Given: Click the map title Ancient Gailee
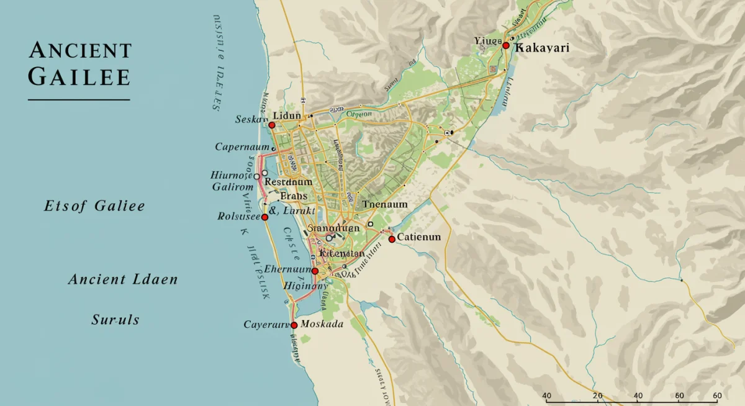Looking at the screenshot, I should pos(79,64).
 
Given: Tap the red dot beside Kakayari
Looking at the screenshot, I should pos(506,46).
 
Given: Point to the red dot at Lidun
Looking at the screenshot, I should pos(271,125).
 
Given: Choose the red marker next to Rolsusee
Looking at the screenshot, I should pos(264,217).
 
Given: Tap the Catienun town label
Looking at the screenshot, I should pos(419,237).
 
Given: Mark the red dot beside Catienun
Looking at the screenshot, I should pos(392,239).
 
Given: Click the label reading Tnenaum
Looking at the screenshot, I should pos(385,204).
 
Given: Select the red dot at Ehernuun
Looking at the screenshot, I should pos(315,271).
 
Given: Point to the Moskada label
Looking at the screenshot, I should pos(322,324).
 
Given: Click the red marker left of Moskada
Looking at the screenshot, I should pos(294,325).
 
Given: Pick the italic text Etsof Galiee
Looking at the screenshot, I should pos(94,206).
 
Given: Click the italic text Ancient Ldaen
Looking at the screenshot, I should pos(123,279).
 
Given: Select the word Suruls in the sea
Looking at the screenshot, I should pos(115,320).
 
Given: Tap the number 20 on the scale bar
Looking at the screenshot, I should pos(597,396).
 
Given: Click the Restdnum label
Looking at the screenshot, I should pos(288,182).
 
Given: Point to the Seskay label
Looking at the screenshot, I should pos(251,119).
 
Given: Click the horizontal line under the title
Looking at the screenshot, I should pos(79,99).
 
